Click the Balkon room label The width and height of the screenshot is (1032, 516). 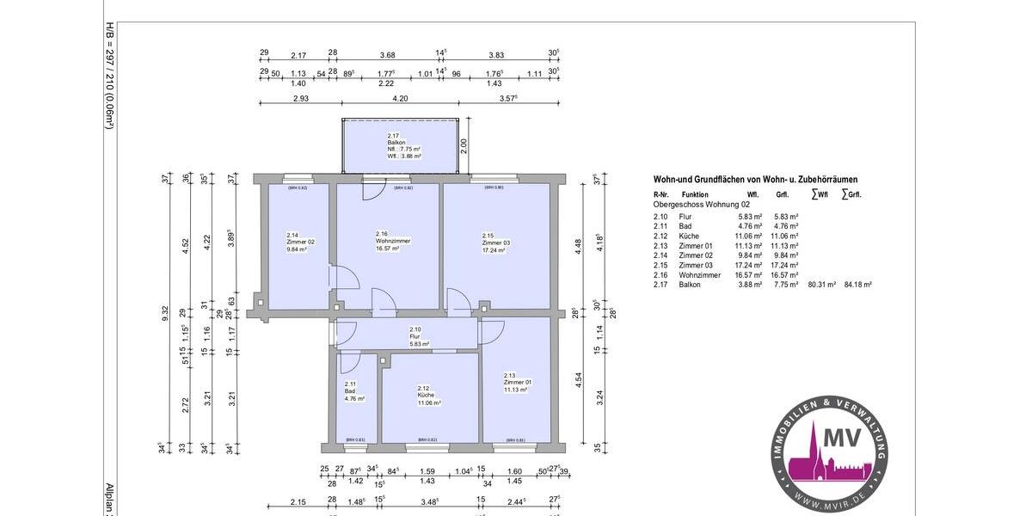point(396,142)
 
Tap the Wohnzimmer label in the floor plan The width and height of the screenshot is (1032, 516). point(393,241)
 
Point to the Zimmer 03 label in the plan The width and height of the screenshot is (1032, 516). point(495,243)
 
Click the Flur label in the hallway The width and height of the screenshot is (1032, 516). point(415,336)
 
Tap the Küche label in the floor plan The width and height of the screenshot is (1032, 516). point(428,395)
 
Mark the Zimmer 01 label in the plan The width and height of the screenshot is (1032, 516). point(518,382)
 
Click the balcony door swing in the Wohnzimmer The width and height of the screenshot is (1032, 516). point(371,190)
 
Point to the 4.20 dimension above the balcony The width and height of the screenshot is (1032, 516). point(400,100)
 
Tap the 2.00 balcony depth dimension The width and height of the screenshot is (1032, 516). point(464,147)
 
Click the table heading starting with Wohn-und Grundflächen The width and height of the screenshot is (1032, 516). point(755,180)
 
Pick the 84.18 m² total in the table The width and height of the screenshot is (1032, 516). point(858,285)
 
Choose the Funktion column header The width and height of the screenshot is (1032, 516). point(695,195)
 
